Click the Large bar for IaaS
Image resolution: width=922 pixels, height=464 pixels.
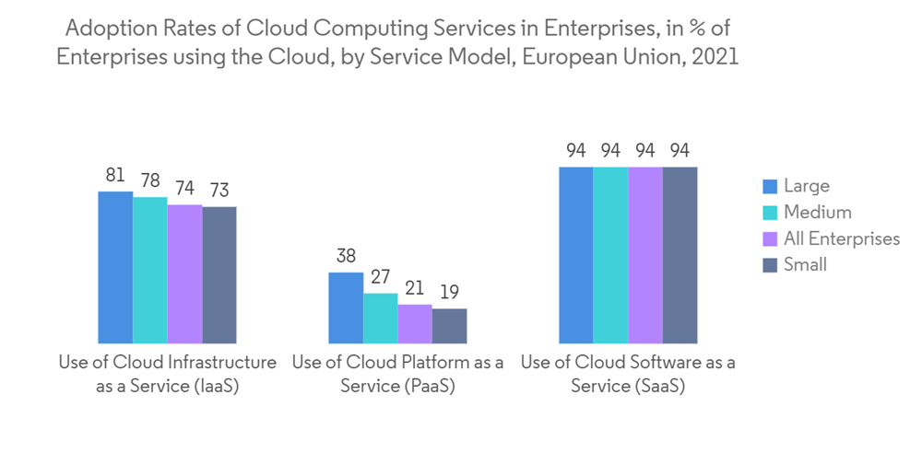[x=115, y=267]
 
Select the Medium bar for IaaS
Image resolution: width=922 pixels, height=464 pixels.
[x=150, y=270]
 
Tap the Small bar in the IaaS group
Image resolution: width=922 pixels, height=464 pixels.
[x=219, y=274]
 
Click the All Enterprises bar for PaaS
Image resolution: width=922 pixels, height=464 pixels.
[x=415, y=323]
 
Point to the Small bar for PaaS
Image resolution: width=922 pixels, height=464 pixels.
[x=449, y=325]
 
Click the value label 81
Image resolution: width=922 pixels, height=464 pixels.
[x=115, y=175]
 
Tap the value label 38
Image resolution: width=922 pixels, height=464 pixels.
[x=346, y=256]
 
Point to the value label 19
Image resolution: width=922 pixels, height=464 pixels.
[x=449, y=292]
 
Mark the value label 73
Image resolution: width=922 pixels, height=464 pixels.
[x=219, y=191]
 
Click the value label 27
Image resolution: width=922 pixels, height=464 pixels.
[x=380, y=277]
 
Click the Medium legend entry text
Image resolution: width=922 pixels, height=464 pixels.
[x=817, y=213]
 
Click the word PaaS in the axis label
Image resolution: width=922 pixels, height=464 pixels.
[x=426, y=387]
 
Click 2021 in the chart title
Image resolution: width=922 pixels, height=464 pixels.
[x=715, y=56]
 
